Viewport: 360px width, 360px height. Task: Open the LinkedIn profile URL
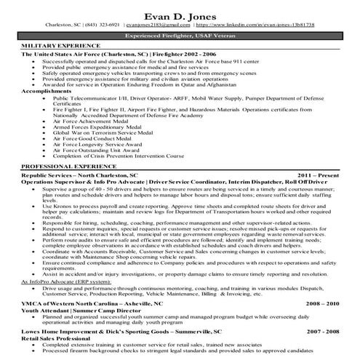coord(257,24)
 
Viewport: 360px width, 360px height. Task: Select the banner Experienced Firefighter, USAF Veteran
coord(180,34)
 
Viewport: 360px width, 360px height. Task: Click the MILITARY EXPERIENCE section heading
coord(55,46)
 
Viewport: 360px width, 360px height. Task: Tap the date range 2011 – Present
coord(318,175)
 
